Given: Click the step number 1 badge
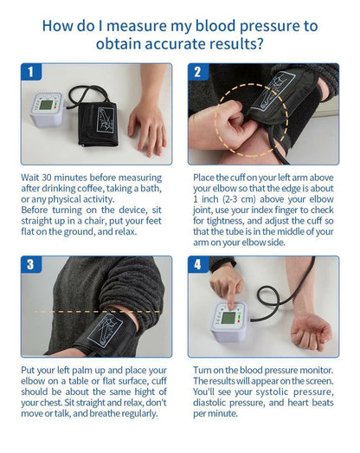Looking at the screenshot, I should click(x=31, y=73).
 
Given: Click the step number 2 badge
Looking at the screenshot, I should click(x=198, y=73).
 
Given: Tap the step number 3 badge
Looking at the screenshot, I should click(x=31, y=265).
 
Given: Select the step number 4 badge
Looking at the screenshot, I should click(x=198, y=265).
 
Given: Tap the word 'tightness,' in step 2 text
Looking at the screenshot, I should click(x=217, y=220).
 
